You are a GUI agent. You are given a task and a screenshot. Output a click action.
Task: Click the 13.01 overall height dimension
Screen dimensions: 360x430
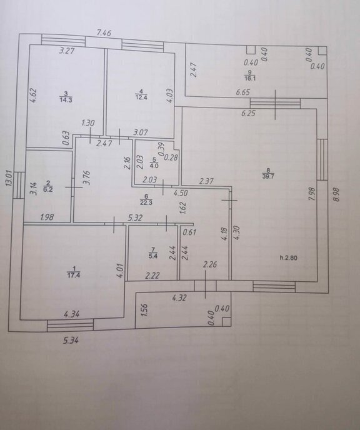coord(9,179)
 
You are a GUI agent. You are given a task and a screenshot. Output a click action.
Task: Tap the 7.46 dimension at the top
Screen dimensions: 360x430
coord(104,33)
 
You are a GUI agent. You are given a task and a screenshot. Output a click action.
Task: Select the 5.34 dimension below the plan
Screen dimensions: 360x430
coord(71,341)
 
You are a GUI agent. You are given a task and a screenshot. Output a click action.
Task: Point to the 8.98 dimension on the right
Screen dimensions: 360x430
coord(336,194)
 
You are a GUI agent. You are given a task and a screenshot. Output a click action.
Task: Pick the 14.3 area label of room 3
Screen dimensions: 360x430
coord(66,100)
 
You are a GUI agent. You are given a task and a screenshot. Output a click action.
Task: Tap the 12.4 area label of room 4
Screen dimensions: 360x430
coord(141,97)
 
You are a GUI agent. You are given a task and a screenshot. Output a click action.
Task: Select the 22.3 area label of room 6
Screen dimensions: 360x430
coord(146,203)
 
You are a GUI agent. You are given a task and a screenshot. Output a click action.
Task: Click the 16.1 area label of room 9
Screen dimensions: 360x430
coord(250,78)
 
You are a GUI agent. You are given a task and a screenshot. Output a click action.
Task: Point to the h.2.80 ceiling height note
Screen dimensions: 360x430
coord(289,257)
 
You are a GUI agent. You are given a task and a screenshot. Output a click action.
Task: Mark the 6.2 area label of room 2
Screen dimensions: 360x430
coord(48,189)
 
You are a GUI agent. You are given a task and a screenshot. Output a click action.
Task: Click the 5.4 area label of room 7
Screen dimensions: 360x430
coord(153,256)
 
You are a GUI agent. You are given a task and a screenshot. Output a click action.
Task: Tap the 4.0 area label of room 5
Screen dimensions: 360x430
coord(154,166)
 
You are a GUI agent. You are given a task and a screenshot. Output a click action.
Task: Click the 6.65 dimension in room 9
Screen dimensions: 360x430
coord(243,92)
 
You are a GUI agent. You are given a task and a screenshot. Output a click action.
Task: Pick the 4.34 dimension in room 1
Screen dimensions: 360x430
coord(71,314)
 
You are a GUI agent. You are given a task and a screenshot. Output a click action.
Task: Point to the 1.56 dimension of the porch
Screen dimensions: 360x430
coord(144,310)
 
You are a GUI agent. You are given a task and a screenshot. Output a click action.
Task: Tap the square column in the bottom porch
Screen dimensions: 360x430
coord(226,322)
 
